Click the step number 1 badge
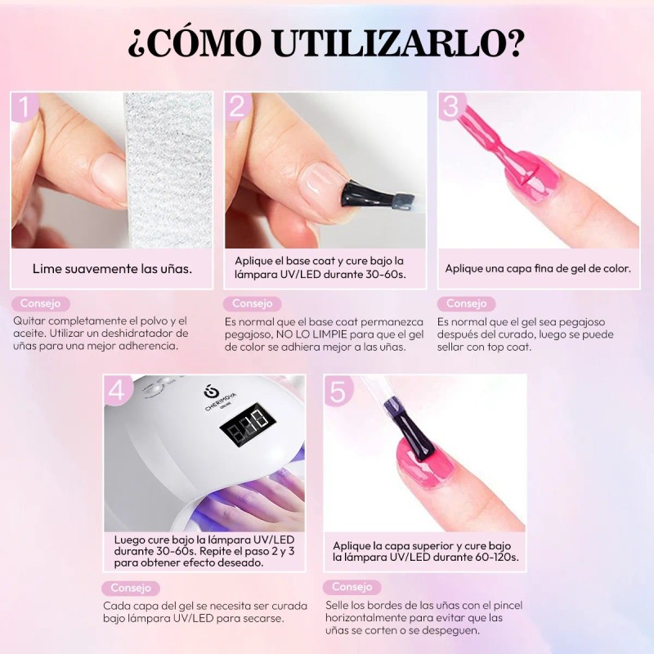pos(25,107)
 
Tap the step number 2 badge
pos(238,107)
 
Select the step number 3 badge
pos(451,107)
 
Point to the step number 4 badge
pos(117,390)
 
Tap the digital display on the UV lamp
pos(245,423)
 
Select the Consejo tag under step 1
pos(40,303)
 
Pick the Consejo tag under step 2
pos(252,303)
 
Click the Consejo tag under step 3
pos(466,303)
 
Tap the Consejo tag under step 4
pos(131,588)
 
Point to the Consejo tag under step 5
pos(352,587)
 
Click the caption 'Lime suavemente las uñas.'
pos(113,268)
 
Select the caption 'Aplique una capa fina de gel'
pos(537,268)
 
